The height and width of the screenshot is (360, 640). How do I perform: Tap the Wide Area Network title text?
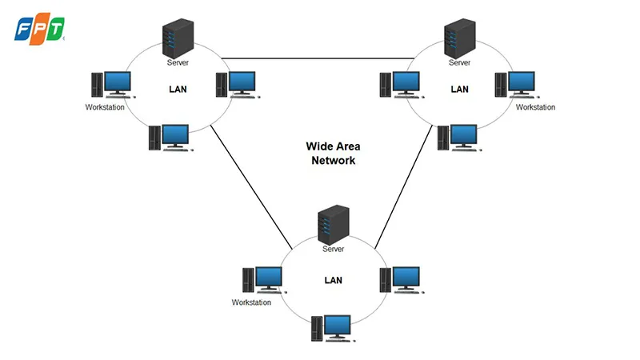(x=333, y=153)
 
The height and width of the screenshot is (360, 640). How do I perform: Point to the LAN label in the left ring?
(x=178, y=89)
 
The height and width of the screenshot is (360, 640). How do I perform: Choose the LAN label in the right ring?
(x=459, y=89)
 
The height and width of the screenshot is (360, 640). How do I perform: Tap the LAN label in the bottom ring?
(x=333, y=281)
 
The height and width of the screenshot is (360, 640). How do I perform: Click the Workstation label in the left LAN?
(x=105, y=107)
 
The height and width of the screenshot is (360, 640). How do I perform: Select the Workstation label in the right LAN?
(x=535, y=107)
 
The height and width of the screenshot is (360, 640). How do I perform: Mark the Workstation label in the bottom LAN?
(x=251, y=302)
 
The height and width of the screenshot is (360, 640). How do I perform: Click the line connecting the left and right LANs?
(x=316, y=58)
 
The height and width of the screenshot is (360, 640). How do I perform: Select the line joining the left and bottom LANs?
(x=250, y=185)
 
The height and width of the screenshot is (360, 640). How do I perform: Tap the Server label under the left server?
(x=178, y=62)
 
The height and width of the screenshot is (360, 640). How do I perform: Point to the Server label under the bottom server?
(x=333, y=250)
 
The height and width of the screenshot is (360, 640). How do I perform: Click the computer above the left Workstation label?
(x=110, y=84)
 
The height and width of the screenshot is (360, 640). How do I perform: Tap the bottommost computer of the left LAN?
(x=169, y=138)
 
